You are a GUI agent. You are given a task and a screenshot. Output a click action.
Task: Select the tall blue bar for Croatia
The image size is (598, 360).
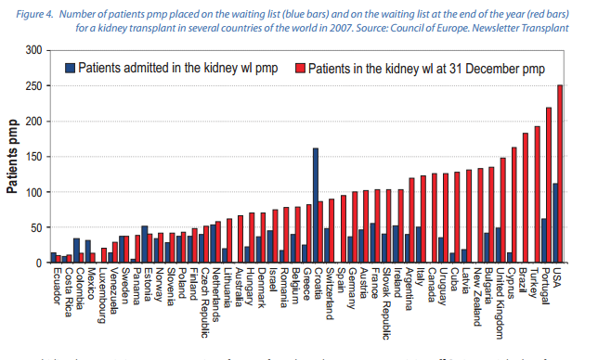point(316,205)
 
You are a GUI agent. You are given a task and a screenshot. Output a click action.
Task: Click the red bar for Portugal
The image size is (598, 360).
point(548,186)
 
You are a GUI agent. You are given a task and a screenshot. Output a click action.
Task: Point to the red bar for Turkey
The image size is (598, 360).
point(537,194)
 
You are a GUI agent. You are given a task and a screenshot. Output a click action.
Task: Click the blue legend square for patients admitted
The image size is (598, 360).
point(70,68)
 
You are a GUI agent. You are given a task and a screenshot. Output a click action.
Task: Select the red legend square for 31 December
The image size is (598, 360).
point(299,68)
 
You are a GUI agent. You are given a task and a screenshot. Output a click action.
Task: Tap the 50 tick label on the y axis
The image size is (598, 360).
point(37,227)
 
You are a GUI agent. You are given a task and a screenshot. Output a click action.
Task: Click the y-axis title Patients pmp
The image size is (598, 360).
point(14,156)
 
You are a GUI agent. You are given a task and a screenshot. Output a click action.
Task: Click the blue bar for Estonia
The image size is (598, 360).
point(145,244)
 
